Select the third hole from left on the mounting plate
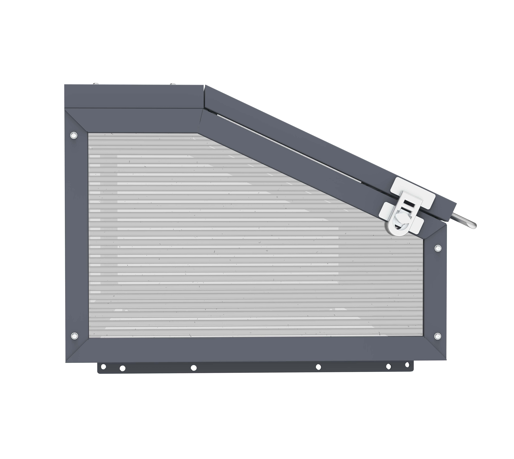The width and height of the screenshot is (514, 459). tap(194, 368)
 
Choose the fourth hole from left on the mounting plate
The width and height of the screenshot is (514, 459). tap(318, 367)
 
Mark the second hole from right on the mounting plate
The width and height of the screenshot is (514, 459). tap(388, 366)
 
